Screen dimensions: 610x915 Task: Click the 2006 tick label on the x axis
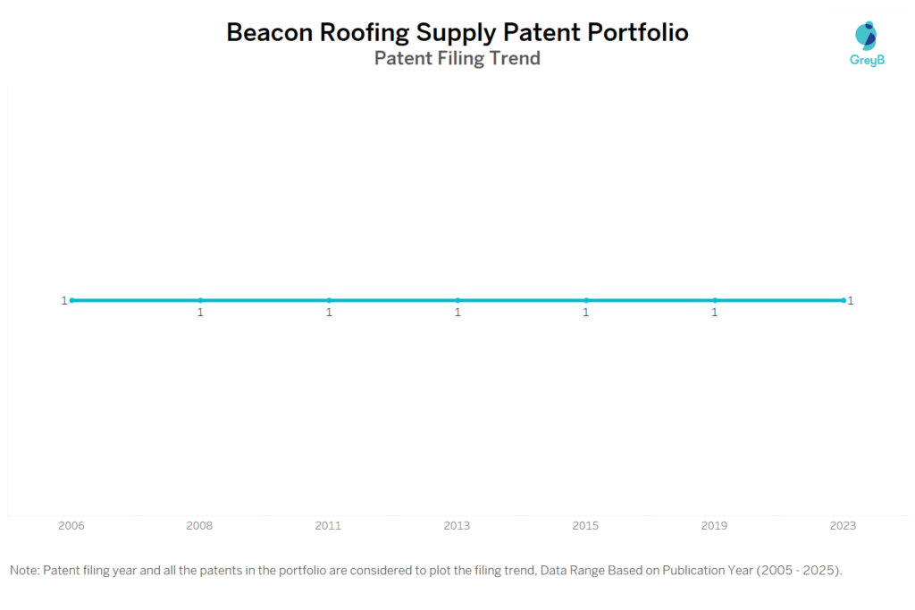tap(71, 526)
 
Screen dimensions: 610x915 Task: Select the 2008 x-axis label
tap(199, 526)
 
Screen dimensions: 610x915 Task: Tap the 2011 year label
tap(328, 526)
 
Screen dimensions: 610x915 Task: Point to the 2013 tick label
tap(457, 526)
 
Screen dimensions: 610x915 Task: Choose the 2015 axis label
tap(585, 526)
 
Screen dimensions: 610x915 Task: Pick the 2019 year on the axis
tap(714, 526)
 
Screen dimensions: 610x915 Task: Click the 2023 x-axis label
tap(843, 526)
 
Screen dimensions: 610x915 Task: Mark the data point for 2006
tap(71, 300)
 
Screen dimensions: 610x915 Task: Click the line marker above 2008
tap(200, 300)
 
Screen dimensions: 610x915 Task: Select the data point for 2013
tap(457, 300)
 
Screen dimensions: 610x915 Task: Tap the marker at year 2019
tap(715, 300)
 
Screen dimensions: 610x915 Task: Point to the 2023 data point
tap(843, 300)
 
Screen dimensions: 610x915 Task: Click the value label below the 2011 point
tap(329, 313)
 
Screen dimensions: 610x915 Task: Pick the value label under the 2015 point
tap(586, 313)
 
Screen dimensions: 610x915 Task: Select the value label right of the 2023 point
tap(851, 301)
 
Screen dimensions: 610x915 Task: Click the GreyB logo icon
tap(866, 36)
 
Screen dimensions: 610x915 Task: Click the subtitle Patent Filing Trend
tap(457, 59)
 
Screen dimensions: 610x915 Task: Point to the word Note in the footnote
tap(23, 570)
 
